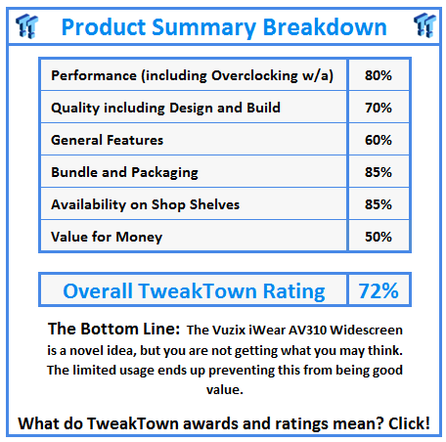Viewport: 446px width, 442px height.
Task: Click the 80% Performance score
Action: [379, 75]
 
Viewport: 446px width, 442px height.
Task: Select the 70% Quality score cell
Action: [379, 108]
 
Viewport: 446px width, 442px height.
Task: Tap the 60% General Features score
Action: [379, 140]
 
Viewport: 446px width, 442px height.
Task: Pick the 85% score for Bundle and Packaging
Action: [379, 172]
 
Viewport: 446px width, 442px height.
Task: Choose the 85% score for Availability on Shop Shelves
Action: [379, 204]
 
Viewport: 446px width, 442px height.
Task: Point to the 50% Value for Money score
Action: [379, 237]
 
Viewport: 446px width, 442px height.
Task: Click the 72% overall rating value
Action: [379, 290]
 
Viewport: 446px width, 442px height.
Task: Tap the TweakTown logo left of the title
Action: [27, 26]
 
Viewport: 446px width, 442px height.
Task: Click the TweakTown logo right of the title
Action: [424, 25]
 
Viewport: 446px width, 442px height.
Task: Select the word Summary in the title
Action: [204, 28]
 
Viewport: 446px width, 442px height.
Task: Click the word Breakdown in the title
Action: [325, 26]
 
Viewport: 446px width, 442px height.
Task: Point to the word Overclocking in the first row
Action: [254, 76]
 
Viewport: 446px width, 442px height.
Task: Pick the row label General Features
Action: [107, 140]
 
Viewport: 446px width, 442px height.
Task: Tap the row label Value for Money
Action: [107, 237]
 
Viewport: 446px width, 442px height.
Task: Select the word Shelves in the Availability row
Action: [214, 204]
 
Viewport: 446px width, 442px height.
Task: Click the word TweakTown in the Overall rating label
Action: [198, 290]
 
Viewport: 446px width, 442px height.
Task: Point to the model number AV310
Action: [308, 331]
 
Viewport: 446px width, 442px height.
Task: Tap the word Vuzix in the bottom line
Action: [229, 331]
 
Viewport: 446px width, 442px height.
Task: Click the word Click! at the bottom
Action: [409, 423]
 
